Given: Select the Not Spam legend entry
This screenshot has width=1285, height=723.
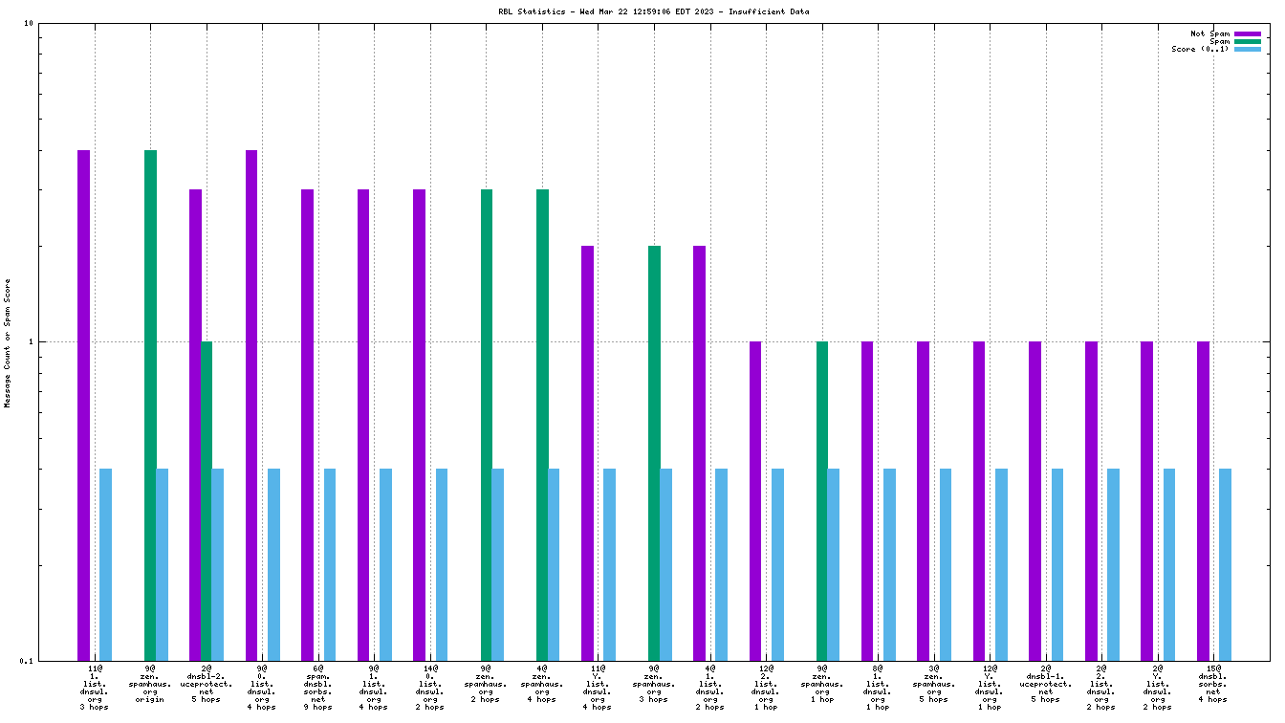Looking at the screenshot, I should (x=1209, y=33).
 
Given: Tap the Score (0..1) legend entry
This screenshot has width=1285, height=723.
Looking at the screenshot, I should (x=1200, y=49).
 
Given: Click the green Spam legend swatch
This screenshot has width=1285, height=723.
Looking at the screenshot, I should (x=1248, y=41).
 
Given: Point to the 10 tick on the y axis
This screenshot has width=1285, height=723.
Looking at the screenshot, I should (x=28, y=23).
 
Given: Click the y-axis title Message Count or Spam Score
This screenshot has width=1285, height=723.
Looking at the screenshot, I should (x=9, y=342).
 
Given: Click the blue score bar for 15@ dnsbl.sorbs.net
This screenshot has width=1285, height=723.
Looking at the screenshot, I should (x=1225, y=564).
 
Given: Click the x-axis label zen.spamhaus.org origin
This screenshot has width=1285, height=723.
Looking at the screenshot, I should (x=150, y=684).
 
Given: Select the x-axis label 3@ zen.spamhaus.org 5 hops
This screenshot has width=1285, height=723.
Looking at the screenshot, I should (x=934, y=684).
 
